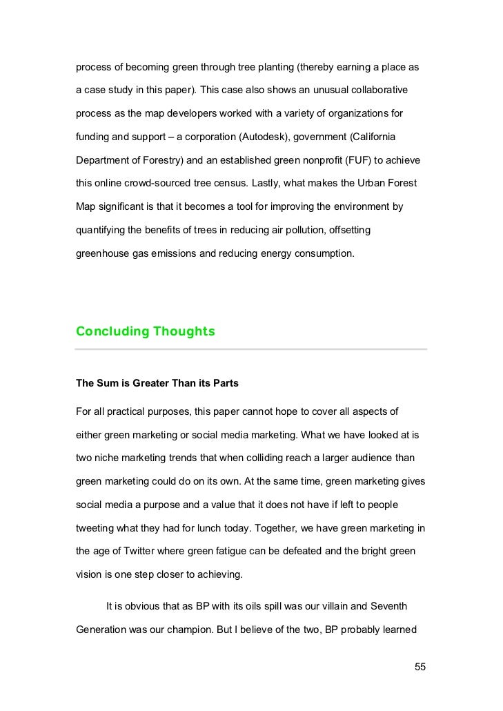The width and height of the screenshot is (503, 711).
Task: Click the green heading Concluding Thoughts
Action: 145,331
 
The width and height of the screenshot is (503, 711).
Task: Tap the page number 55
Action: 420,667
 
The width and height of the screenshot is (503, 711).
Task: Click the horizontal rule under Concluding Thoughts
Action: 251,349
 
